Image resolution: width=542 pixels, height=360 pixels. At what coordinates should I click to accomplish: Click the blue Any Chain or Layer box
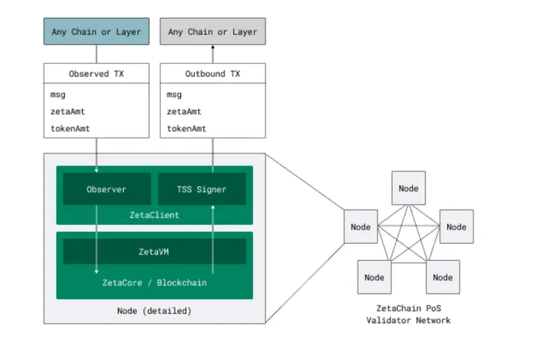click(x=96, y=32)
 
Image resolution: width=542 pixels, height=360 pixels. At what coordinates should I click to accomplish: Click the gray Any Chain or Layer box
click(x=212, y=32)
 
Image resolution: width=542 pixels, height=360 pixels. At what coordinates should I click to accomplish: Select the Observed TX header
click(x=96, y=74)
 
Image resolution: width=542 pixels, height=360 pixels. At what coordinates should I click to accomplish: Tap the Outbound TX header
click(x=212, y=74)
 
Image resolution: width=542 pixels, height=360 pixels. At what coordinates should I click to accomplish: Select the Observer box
click(x=105, y=189)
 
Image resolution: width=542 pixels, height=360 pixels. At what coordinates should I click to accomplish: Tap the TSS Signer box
click(x=202, y=189)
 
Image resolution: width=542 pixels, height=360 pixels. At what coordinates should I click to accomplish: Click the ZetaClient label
click(x=154, y=215)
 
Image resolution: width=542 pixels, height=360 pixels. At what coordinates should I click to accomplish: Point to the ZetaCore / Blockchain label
click(x=154, y=283)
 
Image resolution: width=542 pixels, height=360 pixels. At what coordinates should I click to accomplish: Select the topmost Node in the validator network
click(x=408, y=188)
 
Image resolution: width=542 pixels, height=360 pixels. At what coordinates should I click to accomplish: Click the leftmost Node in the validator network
click(x=361, y=226)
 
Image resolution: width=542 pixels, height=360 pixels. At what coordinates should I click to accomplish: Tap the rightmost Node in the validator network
click(x=456, y=226)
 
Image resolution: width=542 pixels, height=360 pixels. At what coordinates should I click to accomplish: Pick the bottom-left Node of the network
click(x=374, y=276)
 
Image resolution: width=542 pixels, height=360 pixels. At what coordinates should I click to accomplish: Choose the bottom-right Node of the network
click(x=443, y=276)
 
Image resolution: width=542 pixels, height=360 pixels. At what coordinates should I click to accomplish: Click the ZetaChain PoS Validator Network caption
click(x=408, y=314)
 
